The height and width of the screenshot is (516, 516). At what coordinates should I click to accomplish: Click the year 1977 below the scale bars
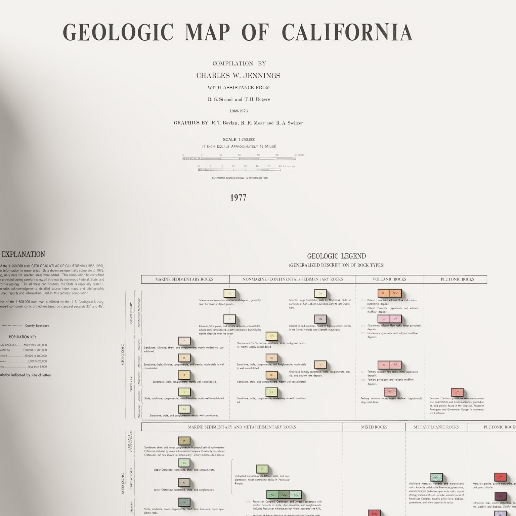click(238, 198)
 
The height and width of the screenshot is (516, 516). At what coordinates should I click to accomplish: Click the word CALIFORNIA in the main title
click(347, 33)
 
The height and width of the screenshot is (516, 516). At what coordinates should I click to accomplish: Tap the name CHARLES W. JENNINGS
click(238, 76)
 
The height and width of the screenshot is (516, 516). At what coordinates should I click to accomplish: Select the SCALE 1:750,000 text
click(239, 139)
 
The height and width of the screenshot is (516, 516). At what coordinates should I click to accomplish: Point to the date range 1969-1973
click(239, 111)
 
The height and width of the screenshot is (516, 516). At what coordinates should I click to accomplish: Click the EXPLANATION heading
click(23, 254)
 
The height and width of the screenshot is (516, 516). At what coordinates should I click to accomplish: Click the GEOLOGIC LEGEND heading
click(336, 256)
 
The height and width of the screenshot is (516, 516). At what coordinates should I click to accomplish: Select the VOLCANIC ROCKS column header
click(389, 279)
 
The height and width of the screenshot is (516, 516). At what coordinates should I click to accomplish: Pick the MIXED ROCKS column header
click(374, 427)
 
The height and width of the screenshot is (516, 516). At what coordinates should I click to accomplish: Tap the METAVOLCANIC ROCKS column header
click(436, 427)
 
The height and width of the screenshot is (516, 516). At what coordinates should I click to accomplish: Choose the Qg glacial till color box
click(320, 319)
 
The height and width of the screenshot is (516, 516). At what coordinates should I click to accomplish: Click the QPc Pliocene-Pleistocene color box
click(272, 336)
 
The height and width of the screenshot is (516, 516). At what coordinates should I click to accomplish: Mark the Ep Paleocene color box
click(184, 409)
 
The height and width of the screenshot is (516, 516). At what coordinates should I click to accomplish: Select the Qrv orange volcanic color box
click(384, 293)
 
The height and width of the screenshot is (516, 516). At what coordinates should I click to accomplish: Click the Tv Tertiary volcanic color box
click(384, 365)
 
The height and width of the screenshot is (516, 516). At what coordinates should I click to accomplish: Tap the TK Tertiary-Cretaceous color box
click(184, 441)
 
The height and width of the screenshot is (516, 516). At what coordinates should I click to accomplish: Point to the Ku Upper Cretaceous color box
click(184, 463)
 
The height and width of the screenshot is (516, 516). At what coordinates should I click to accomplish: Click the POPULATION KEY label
click(23, 337)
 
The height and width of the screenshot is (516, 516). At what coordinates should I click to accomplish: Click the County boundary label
click(37, 326)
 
